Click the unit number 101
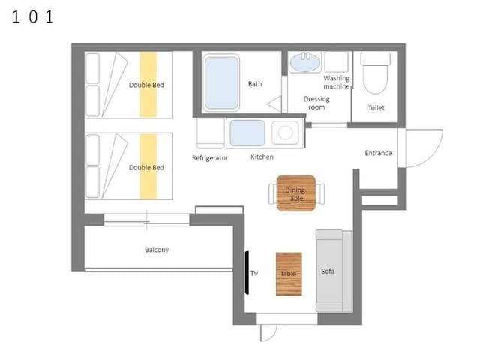pyautogui.click(x=33, y=16)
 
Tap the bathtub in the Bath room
pyautogui.click(x=221, y=83)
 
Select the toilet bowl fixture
pyautogui.click(x=375, y=73)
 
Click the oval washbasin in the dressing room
pyautogui.click(x=305, y=63)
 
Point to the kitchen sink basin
pyautogui.click(x=247, y=133)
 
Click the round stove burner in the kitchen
pyautogui.click(x=285, y=133)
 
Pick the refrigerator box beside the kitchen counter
pyautogui.click(x=211, y=133)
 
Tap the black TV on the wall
pyautogui.click(x=247, y=272)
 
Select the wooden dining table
pyautogui.click(x=295, y=193)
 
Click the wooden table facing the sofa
pyautogui.click(x=289, y=274)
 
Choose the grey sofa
pyautogui.click(x=334, y=271)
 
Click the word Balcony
pyautogui.click(x=157, y=250)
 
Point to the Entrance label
pyautogui.click(x=378, y=153)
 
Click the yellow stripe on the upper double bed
pyautogui.click(x=148, y=85)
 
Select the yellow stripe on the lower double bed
pyautogui.click(x=148, y=166)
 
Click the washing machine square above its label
pyautogui.click(x=337, y=62)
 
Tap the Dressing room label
pyautogui.click(x=316, y=103)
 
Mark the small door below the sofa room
pyautogui.click(x=268, y=332)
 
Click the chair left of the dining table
pyautogui.click(x=273, y=193)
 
